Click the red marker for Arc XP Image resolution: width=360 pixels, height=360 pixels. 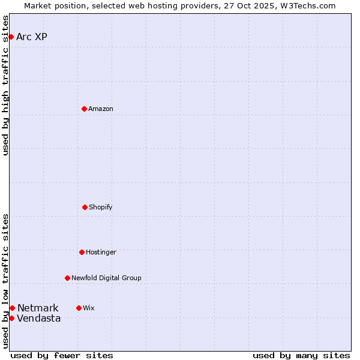click(11, 37)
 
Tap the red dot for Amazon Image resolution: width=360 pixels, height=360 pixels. click(84, 109)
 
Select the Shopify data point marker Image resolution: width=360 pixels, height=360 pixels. click(85, 207)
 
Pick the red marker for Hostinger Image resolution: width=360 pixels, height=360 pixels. click(82, 252)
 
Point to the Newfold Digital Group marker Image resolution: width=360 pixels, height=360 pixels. click(67, 278)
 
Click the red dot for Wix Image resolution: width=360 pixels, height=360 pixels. click(79, 308)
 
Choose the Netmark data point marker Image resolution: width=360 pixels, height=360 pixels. click(12, 308)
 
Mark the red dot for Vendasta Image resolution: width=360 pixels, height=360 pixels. click(11, 318)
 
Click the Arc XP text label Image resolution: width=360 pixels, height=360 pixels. click(32, 37)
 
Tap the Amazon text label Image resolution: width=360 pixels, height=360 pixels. click(101, 109)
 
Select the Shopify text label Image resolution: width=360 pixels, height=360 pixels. click(101, 207)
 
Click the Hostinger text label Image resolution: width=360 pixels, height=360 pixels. click(101, 252)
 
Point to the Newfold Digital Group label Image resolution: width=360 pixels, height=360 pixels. click(106, 278)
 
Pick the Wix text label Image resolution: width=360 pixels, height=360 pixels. click(89, 308)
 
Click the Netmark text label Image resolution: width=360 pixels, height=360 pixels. click(38, 308)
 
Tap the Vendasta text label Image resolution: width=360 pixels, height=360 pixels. click(39, 318)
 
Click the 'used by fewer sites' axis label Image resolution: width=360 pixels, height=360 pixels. click(62, 355)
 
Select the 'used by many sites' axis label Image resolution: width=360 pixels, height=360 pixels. click(301, 355)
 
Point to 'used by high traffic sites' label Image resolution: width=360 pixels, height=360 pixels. click(5, 85)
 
